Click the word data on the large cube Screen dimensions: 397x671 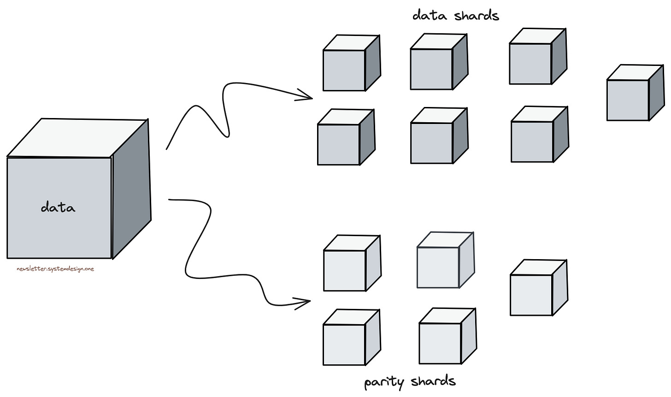tap(58, 207)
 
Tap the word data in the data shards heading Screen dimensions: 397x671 tap(430, 15)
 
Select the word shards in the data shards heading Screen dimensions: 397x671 tap(477, 15)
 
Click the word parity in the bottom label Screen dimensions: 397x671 tap(384, 382)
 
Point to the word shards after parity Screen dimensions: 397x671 tap(433, 381)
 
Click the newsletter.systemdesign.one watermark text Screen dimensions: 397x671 tap(55, 269)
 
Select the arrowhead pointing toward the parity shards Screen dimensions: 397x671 tap(305, 303)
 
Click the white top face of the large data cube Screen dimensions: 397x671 tap(78, 137)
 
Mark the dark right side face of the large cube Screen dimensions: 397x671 tap(131, 189)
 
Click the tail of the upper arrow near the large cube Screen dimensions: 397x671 tap(167, 148)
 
